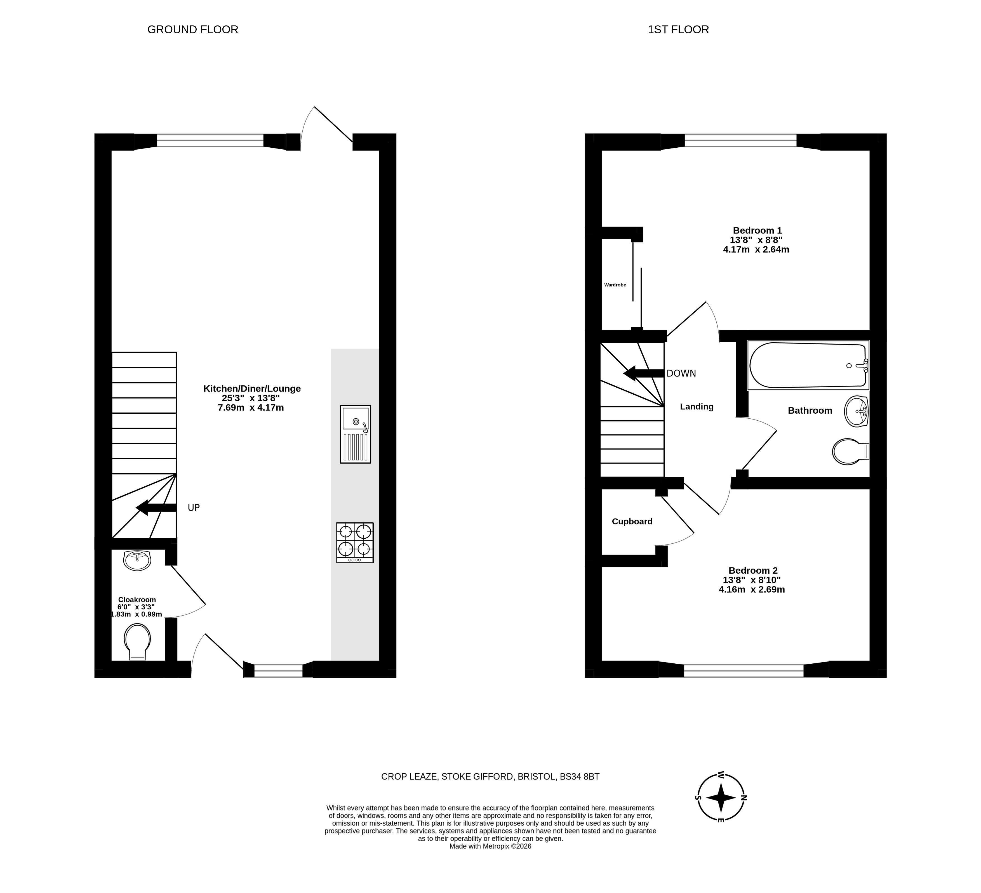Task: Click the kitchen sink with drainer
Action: (355, 434)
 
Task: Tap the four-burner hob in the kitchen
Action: (355, 543)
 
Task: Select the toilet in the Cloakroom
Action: (138, 642)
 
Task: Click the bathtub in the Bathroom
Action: (808, 365)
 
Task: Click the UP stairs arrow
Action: (156, 508)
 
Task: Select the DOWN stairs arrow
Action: (644, 373)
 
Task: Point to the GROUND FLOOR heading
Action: (193, 30)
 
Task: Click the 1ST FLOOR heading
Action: (678, 30)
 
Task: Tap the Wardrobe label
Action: (615, 285)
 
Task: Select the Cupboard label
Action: (632, 521)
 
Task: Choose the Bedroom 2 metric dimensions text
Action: (752, 589)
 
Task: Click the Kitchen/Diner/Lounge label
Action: (252, 388)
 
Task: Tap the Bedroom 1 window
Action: (741, 141)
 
